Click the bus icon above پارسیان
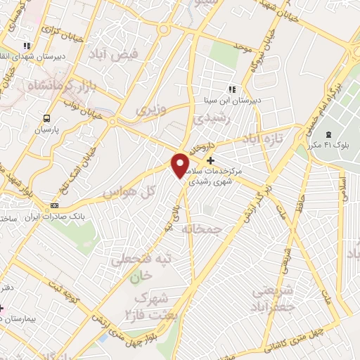(x=46, y=118)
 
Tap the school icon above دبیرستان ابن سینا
(x=231, y=89)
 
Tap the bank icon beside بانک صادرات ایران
(x=54, y=205)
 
